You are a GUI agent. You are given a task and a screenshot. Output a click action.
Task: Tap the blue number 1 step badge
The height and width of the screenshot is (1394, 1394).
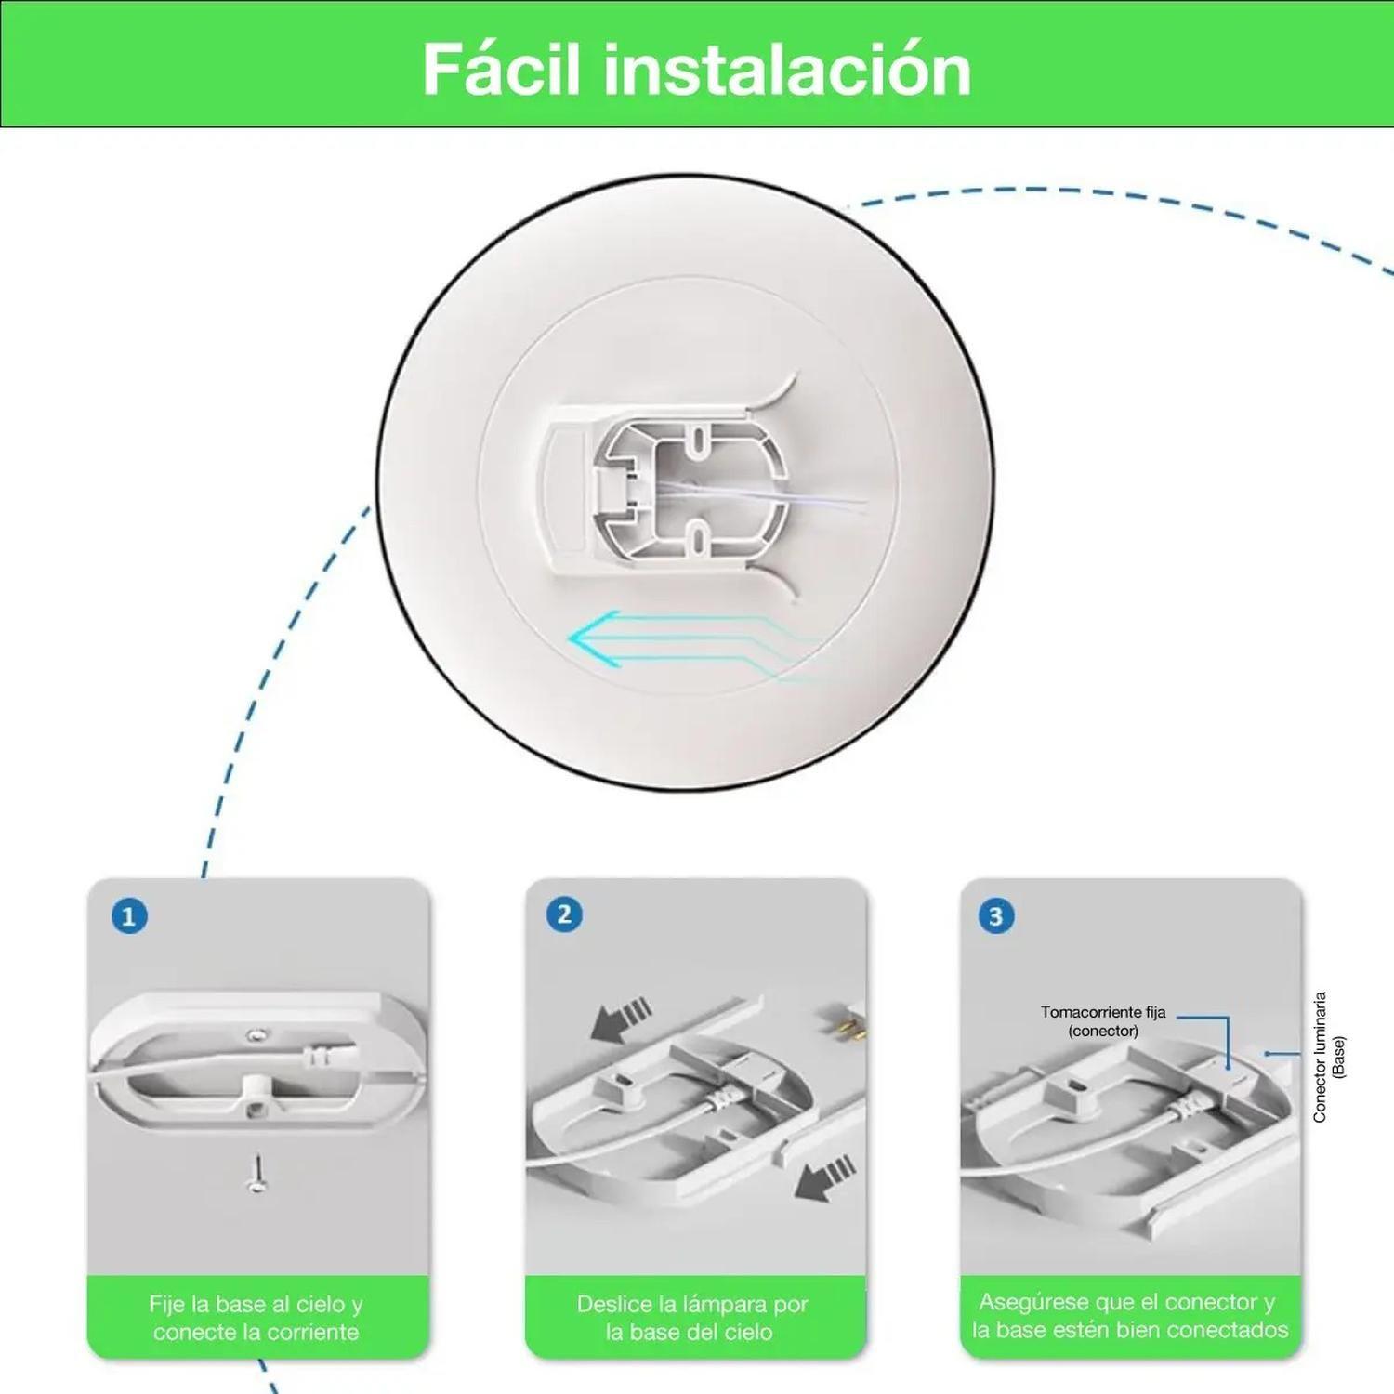pos(129,917)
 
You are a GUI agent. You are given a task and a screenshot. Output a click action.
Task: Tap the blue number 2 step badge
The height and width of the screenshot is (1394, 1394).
pos(564,914)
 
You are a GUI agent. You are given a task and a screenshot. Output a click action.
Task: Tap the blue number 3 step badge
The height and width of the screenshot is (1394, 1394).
pos(996,917)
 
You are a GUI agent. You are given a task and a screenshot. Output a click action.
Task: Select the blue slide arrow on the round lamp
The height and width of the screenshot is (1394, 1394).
pos(651,641)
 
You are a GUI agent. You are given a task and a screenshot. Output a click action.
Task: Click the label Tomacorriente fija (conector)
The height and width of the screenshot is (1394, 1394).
pos(1102,1021)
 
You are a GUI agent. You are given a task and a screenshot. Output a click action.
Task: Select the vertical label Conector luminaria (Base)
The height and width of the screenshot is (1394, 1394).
pos(1328,1057)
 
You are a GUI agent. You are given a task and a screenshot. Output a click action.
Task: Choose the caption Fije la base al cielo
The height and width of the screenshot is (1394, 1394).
pos(256,1318)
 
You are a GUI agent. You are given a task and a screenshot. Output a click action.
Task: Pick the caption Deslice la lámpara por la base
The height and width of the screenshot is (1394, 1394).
pos(691,1318)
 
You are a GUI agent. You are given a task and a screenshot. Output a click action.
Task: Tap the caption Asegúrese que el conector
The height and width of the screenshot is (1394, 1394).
pos(1129,1315)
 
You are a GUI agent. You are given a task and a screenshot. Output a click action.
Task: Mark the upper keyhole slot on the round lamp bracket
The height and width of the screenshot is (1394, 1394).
pos(698,434)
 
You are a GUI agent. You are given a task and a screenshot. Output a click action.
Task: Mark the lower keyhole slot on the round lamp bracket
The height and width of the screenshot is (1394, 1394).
pos(698,533)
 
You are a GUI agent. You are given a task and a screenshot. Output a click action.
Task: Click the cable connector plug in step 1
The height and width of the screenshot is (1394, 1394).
pos(316,1057)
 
